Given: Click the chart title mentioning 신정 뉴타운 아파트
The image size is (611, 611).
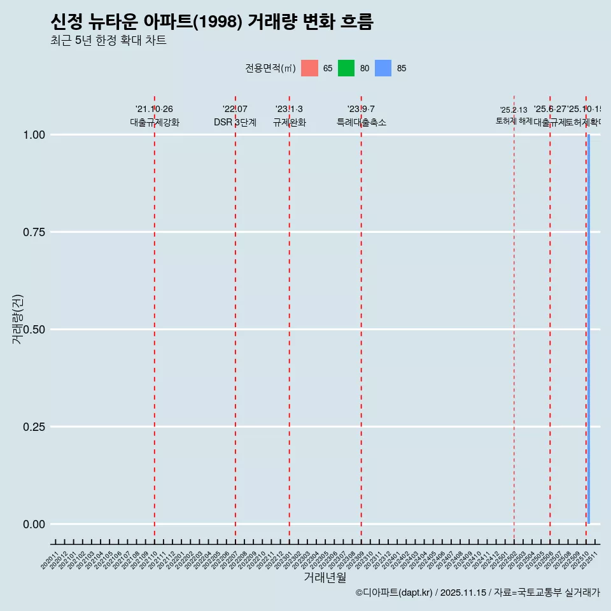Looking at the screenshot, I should pos(211,22).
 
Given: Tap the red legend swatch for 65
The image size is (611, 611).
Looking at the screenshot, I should pos(309,68).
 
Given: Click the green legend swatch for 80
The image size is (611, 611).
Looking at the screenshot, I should pos(346,68).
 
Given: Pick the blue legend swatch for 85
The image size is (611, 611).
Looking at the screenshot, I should pos(383,68).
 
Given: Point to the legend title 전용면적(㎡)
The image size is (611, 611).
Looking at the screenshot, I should pos(270,68).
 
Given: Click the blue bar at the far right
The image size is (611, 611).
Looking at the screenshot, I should pos(589,329).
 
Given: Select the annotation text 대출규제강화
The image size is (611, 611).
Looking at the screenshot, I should pos(155,122).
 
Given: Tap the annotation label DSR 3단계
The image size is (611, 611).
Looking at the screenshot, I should pos(235,122).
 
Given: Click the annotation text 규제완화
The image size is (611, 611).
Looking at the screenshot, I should pos(290,122).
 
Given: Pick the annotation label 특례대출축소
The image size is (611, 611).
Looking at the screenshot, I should pos(362,122).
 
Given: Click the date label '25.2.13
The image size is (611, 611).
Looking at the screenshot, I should pos(514,110).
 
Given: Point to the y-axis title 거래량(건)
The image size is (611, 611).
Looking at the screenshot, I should pos(17,319).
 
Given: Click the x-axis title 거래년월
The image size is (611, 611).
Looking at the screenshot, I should pos(325,577).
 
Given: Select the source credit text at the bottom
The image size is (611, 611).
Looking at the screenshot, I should pos(477,593).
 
